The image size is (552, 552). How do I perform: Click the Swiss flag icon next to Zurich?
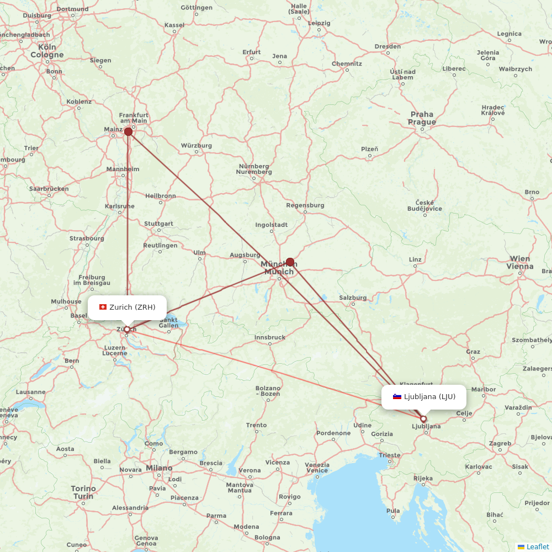[103, 307]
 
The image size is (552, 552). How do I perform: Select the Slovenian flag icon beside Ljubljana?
[397, 396]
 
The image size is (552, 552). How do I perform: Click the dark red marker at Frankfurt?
[128, 131]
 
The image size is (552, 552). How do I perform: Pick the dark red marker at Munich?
[290, 262]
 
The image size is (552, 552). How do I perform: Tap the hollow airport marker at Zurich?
[127, 330]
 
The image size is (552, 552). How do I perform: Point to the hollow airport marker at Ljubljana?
[423, 419]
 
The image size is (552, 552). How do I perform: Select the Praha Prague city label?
[422, 118]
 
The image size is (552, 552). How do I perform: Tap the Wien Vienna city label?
[521, 262]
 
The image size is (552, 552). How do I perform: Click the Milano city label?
[159, 468]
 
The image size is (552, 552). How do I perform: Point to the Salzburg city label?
[353, 298]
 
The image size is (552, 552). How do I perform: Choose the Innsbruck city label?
[270, 337]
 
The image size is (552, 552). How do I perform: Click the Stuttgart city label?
[158, 224]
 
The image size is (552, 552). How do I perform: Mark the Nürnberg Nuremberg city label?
[254, 169]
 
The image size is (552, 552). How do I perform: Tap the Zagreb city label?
[500, 443]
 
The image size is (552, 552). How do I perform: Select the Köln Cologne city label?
[47, 51]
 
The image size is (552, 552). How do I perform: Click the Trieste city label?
[390, 455]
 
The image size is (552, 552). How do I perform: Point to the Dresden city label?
[388, 46]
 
